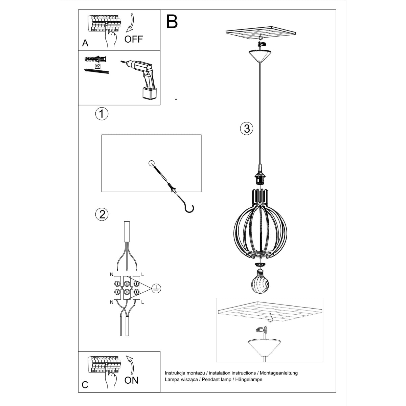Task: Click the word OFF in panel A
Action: [x=134, y=39]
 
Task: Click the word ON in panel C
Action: [x=131, y=380]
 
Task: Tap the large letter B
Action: [x=172, y=21]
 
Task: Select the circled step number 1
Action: [x=101, y=114]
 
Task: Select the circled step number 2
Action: [x=102, y=214]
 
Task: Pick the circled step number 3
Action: [x=247, y=129]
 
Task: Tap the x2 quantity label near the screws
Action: [x=98, y=66]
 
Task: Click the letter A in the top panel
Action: [x=85, y=43]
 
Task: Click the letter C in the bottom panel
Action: [x=85, y=385]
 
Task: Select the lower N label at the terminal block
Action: [x=112, y=302]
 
